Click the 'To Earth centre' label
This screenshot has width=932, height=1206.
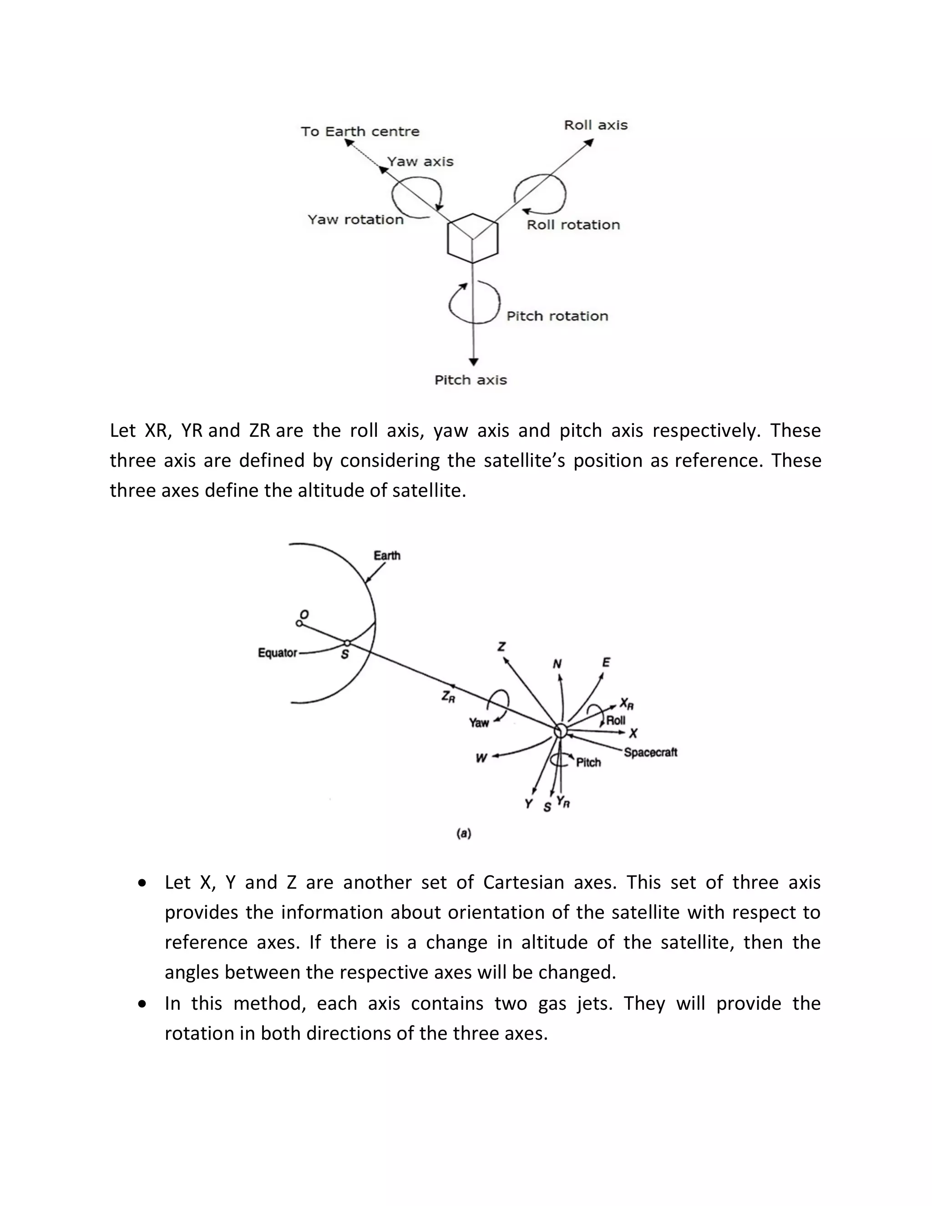[x=360, y=132]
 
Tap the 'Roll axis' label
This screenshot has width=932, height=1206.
[x=596, y=125]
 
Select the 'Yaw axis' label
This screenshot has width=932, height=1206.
[x=420, y=162]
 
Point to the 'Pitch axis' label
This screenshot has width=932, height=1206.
[x=471, y=380]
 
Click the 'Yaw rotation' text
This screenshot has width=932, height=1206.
[x=355, y=220]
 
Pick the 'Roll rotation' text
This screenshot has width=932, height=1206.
[x=573, y=225]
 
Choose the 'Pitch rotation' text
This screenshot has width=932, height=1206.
[x=557, y=316]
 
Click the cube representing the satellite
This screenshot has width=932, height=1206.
[x=473, y=238]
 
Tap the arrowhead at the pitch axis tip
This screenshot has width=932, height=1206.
[x=473, y=362]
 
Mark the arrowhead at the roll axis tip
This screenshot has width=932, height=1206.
[x=589, y=142]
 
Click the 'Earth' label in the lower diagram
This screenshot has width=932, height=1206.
[x=387, y=556]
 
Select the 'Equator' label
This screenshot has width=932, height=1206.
[x=277, y=653]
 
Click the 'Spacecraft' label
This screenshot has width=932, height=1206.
[x=650, y=752]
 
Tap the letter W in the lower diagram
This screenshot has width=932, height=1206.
[x=481, y=758]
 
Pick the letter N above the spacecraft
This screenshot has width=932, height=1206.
[x=557, y=664]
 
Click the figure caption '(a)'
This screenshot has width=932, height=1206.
[x=464, y=833]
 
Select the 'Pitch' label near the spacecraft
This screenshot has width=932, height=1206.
[x=588, y=763]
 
